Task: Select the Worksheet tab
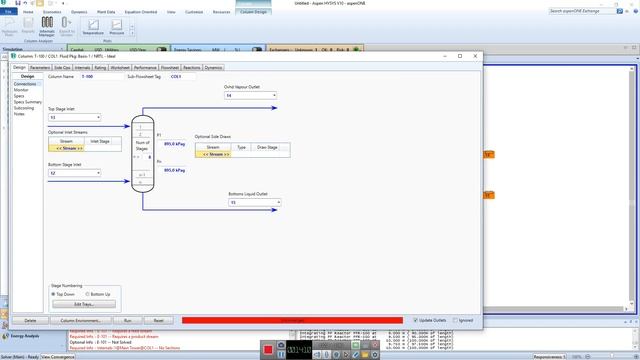(120, 67)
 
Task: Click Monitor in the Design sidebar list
(21, 90)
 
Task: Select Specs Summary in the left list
(28, 102)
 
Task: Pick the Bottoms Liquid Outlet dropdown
(254, 202)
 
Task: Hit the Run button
(128, 320)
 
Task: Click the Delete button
(30, 320)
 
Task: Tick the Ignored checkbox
(456, 320)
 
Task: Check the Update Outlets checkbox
(416, 320)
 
